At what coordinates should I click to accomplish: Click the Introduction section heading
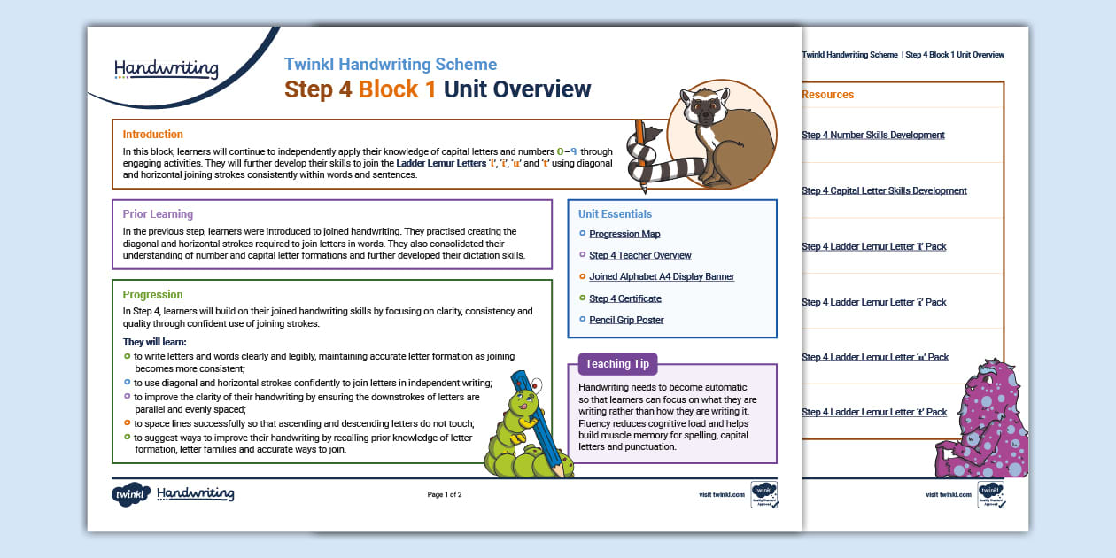tap(152, 135)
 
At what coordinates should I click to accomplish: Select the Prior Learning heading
tap(158, 214)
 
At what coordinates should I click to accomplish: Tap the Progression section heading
tap(152, 295)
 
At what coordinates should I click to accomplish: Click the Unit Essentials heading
tap(615, 214)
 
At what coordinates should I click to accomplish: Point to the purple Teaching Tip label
tap(617, 364)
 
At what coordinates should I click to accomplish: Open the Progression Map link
tap(624, 234)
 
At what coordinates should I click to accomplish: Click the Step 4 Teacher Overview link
tap(639, 255)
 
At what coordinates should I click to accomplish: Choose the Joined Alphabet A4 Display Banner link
tap(662, 276)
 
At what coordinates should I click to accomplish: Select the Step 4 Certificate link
tap(625, 298)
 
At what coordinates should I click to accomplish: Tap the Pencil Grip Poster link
tap(626, 320)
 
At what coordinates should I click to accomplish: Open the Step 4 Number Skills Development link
tap(872, 136)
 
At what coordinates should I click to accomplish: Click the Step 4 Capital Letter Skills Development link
tap(884, 190)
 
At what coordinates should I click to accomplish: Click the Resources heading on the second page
tap(827, 95)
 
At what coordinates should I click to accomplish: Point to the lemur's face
tap(706, 110)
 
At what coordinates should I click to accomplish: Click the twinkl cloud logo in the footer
tap(130, 495)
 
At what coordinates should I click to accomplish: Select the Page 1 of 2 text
tap(445, 494)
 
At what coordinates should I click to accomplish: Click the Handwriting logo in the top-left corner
tap(166, 69)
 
